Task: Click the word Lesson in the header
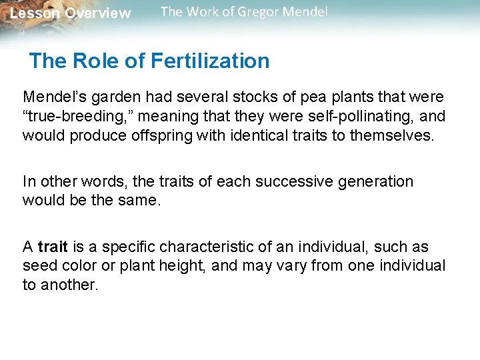(x=34, y=13)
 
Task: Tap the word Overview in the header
(x=98, y=13)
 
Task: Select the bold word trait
(x=53, y=247)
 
